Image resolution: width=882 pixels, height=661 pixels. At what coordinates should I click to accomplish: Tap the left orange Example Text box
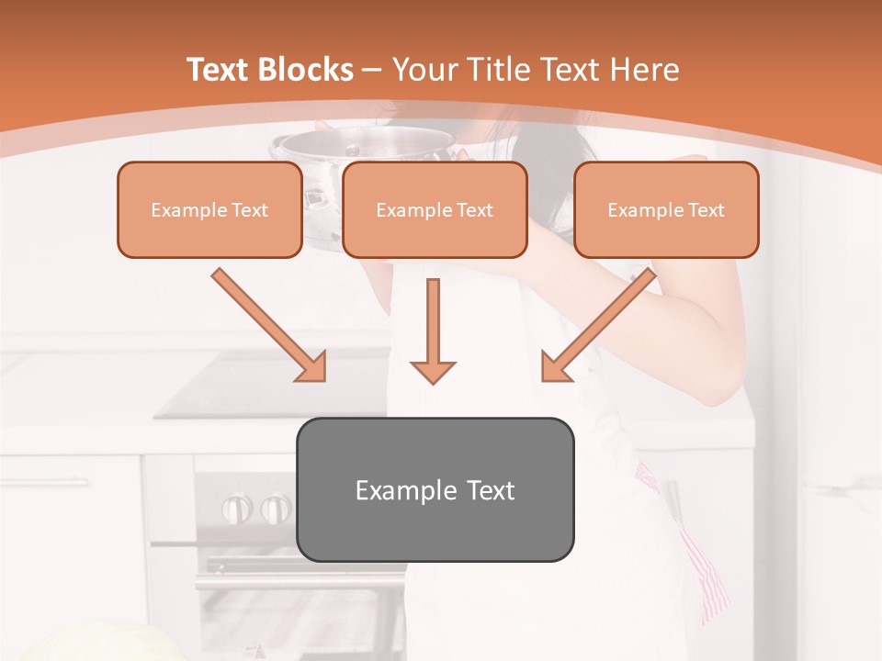[209, 209]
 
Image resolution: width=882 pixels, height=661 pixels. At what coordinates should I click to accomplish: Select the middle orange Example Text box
[435, 209]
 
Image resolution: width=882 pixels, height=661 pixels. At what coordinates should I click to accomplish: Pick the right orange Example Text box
[666, 209]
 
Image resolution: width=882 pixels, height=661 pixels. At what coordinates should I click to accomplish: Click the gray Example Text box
[435, 489]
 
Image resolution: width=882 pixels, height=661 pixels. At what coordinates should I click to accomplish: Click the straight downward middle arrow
[433, 330]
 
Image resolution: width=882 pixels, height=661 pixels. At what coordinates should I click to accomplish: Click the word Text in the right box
[706, 209]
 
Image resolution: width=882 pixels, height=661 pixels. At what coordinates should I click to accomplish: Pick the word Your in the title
[424, 70]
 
